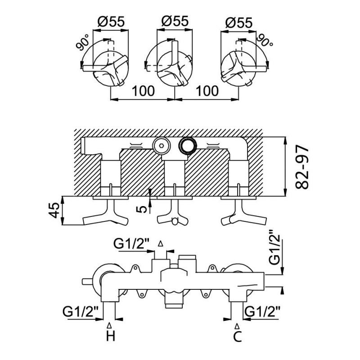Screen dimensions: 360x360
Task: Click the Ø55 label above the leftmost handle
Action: click(111, 22)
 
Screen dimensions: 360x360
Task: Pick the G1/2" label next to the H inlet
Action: click(81, 311)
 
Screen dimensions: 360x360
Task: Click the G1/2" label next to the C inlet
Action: click(263, 311)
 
